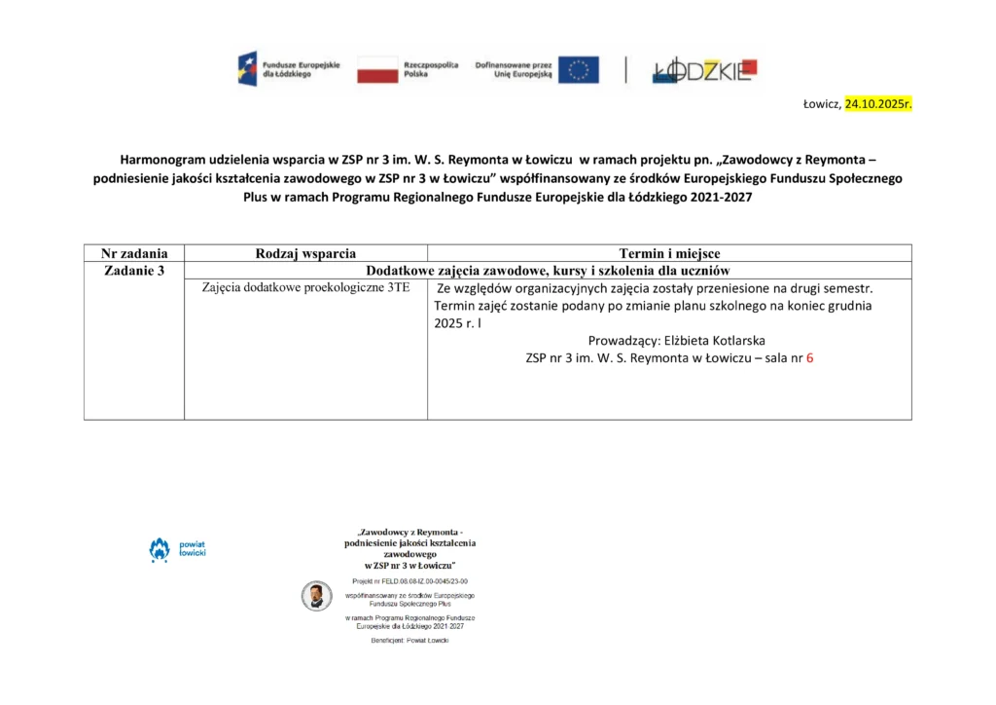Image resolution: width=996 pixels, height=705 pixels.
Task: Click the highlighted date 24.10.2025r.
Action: [877, 103]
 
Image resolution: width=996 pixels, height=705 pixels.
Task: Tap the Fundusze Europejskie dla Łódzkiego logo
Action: [289, 69]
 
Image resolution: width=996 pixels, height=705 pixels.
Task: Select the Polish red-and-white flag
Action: [377, 69]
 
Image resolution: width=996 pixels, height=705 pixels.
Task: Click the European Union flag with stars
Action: [578, 69]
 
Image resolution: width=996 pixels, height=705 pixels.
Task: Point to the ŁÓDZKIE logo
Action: [705, 69]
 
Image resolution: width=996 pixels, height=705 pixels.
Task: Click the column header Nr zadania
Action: [134, 253]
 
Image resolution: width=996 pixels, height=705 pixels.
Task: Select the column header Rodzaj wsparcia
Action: [305, 253]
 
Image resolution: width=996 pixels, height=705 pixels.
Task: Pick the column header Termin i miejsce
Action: [669, 253]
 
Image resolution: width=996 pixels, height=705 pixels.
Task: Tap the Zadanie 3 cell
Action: [134, 271]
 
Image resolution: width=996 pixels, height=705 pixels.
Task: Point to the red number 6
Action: [809, 358]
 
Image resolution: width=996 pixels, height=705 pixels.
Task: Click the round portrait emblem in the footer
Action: [316, 595]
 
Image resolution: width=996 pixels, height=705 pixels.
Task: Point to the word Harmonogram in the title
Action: [161, 158]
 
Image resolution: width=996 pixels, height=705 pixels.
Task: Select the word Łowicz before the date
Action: [820, 103]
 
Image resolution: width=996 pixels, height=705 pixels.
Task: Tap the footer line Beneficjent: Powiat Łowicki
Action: [409, 641]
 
